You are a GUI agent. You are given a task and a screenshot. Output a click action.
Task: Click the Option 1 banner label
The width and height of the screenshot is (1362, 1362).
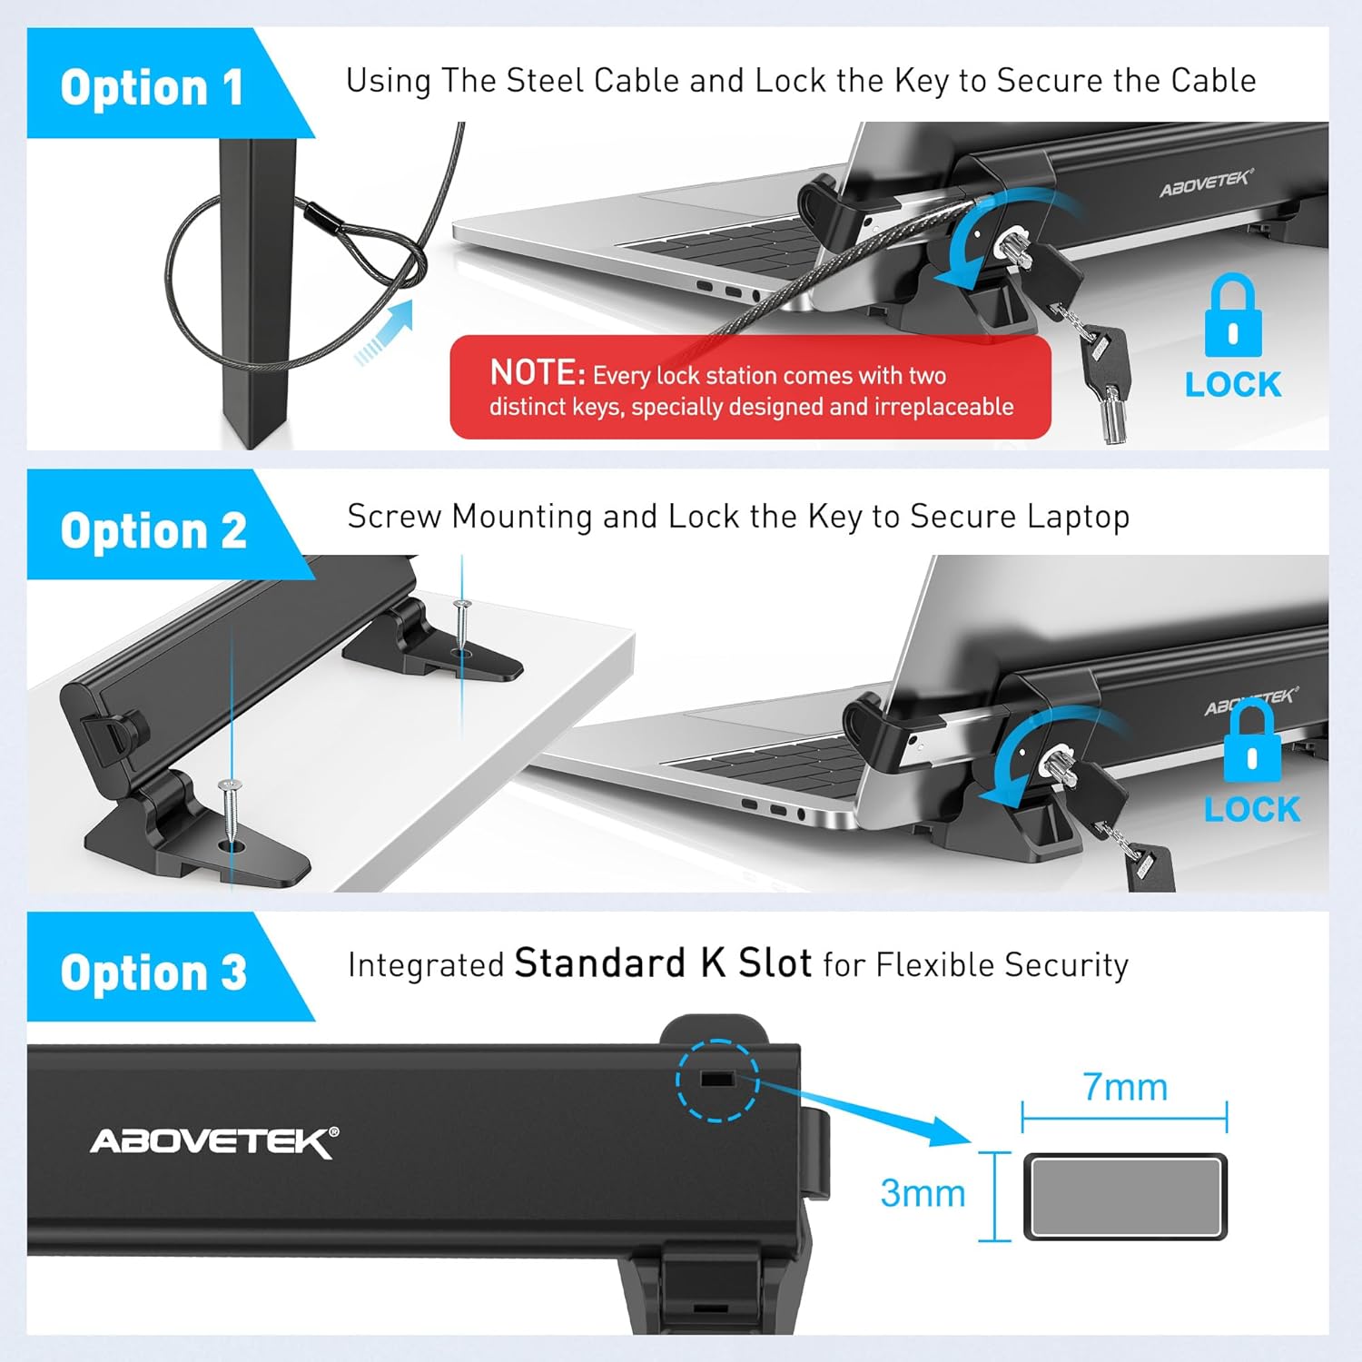click(152, 87)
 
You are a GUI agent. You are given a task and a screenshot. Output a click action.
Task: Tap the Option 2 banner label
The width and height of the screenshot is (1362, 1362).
click(153, 530)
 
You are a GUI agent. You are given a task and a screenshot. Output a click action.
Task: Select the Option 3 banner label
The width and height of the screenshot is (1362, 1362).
click(153, 972)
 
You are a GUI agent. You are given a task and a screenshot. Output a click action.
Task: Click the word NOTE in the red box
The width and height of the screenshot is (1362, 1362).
click(538, 372)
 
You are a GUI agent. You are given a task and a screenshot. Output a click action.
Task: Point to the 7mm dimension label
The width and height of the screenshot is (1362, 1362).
click(1125, 1087)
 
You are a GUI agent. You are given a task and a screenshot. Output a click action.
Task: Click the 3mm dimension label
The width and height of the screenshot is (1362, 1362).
click(923, 1193)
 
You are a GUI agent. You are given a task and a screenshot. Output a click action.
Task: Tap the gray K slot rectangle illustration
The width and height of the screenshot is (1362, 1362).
click(1126, 1197)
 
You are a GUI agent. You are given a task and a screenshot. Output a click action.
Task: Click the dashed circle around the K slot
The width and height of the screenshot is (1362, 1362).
click(717, 1080)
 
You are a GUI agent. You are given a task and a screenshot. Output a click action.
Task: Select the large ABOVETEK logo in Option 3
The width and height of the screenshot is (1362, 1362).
click(214, 1141)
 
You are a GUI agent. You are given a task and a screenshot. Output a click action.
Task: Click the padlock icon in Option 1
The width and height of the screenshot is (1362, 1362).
click(1232, 317)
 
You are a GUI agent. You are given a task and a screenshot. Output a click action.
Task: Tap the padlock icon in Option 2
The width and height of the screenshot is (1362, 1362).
click(1252, 742)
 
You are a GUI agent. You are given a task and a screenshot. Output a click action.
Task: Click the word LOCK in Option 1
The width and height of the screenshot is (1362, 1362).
click(1233, 385)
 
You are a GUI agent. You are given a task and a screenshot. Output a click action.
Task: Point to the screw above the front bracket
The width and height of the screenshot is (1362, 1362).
click(231, 812)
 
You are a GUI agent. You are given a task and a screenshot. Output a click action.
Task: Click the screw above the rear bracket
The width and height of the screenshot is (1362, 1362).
click(462, 627)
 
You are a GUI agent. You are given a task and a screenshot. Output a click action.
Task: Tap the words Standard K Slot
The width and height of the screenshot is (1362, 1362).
click(663, 963)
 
